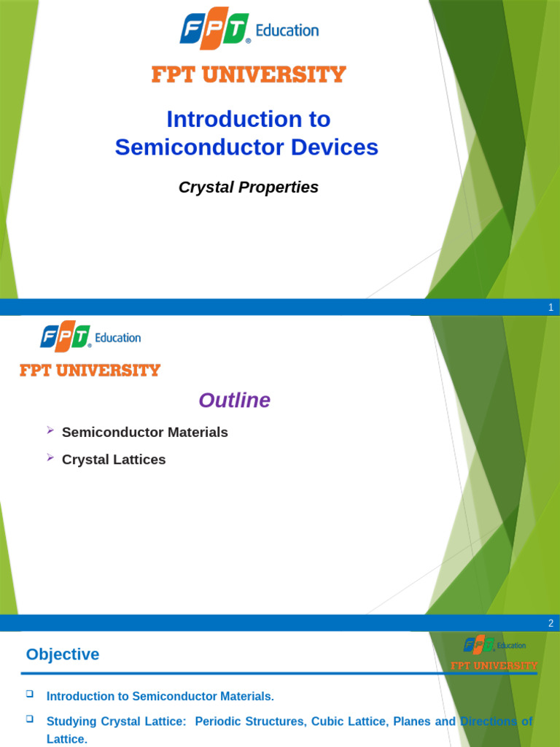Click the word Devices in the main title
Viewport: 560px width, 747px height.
point(335,147)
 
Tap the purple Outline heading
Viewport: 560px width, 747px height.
point(234,400)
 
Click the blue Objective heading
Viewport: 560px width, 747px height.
point(63,654)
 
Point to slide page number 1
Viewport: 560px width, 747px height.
point(551,308)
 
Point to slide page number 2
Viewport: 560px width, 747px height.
point(551,624)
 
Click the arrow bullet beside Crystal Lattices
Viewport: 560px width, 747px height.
point(50,457)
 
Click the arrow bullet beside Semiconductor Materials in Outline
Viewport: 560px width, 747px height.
point(50,430)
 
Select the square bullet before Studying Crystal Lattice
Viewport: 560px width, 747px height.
point(30,719)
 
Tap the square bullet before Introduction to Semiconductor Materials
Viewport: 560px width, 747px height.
point(30,694)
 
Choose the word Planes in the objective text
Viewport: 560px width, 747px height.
point(413,721)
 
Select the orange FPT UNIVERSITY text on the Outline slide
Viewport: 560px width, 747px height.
point(90,371)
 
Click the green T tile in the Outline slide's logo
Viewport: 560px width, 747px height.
point(80,337)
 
